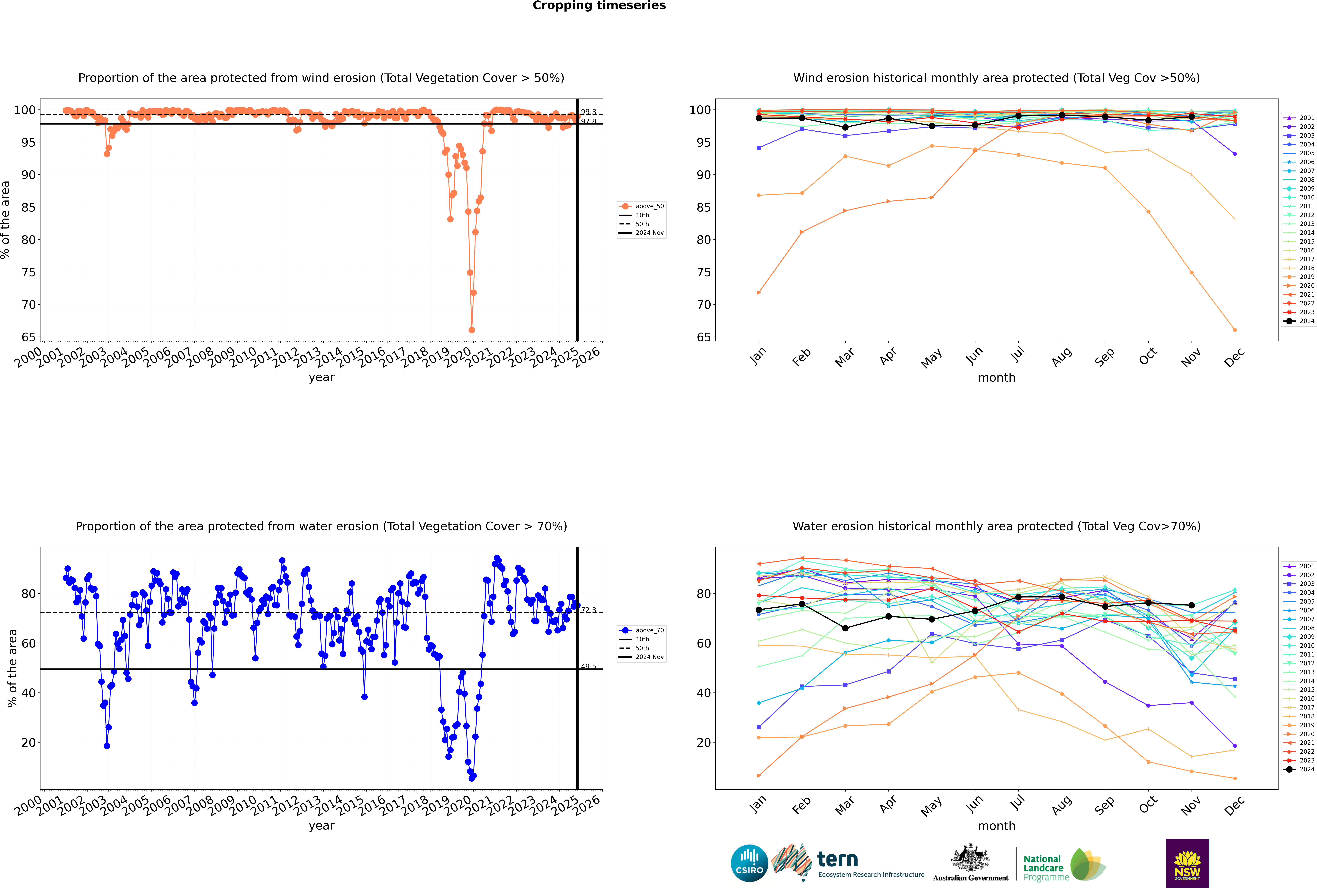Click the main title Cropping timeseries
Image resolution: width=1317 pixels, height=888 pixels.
[x=599, y=6]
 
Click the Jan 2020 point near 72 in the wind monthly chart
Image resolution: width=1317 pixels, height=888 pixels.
[x=759, y=293]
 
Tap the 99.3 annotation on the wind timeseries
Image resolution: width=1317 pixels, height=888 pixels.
[x=588, y=112]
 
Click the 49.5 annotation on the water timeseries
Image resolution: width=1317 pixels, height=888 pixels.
[x=588, y=667]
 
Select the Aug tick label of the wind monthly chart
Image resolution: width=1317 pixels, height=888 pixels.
[x=1062, y=357]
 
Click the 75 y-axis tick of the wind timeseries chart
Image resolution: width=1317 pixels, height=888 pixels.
[x=28, y=272]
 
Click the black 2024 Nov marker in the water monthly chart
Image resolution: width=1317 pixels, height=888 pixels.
[x=1191, y=605]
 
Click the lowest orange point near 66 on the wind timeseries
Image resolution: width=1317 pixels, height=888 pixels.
[x=472, y=330]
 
